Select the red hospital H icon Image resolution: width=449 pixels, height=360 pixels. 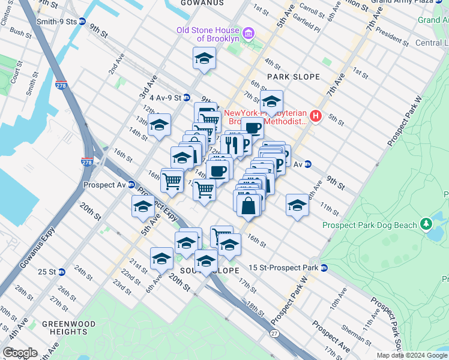click(316, 116)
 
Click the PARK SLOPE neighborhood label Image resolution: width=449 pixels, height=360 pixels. click(295, 77)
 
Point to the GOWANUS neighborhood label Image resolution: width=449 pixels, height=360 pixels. click(202, 3)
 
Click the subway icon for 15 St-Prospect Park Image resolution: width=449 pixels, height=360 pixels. click(324, 267)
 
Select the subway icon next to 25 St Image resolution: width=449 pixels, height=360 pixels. click(62, 272)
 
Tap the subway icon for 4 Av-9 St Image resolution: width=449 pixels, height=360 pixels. click(187, 97)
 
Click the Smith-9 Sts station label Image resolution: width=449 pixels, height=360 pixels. click(62, 21)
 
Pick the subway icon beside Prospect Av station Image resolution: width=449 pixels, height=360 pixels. click(130, 184)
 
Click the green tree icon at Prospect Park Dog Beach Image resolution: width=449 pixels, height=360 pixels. click(426, 224)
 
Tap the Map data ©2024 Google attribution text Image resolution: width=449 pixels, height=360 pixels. click(412, 355)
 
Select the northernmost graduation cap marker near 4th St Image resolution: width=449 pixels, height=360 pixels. click(204, 59)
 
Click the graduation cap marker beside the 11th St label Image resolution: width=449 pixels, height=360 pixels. click(297, 206)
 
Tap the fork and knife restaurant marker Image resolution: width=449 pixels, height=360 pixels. click(232, 145)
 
